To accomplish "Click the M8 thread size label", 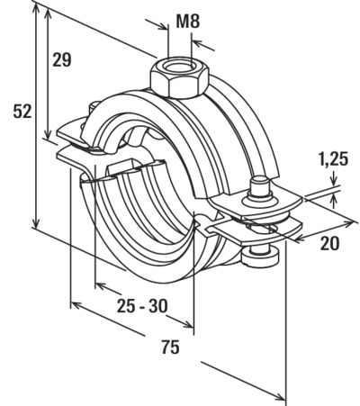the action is point(187,22).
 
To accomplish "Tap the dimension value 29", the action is point(62,59).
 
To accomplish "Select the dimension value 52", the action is point(22,112).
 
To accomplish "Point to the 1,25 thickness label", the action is point(333,159).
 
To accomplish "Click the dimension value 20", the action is point(329,243).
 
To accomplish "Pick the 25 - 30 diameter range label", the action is point(142,306).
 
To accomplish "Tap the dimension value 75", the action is point(170,347).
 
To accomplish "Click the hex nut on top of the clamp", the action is point(179,77).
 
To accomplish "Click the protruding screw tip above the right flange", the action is point(259,186).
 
